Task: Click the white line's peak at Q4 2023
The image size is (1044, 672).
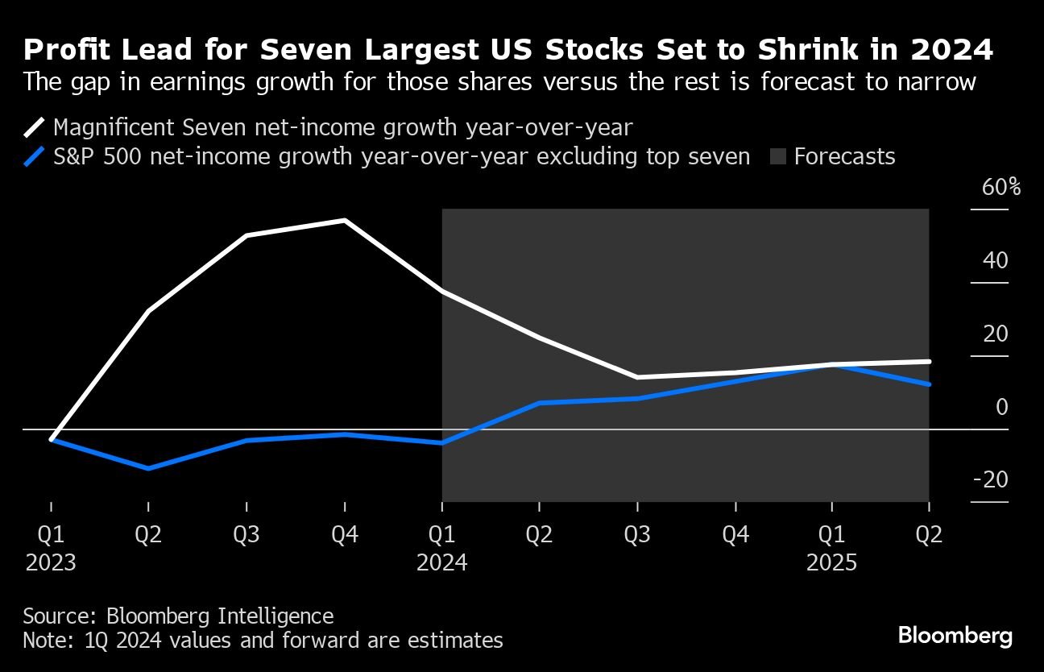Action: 345,220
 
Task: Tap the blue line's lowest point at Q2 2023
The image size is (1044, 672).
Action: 149,468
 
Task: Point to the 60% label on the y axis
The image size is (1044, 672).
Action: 1001,188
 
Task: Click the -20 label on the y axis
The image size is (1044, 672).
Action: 990,480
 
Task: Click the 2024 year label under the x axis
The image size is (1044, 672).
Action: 441,562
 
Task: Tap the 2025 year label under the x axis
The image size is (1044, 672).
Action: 831,562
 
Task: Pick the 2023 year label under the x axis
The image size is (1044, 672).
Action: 51,562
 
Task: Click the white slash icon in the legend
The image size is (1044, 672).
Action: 35,127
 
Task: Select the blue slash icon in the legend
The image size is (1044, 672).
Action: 35,156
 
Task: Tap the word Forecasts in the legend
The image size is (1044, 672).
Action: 844,156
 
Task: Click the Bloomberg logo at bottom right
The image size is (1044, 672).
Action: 955,635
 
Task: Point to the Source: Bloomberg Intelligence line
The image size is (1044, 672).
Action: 178,616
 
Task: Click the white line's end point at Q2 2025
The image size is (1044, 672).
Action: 929,361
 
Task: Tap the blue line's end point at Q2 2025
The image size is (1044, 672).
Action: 929,384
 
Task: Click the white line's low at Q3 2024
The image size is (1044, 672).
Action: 637,377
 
